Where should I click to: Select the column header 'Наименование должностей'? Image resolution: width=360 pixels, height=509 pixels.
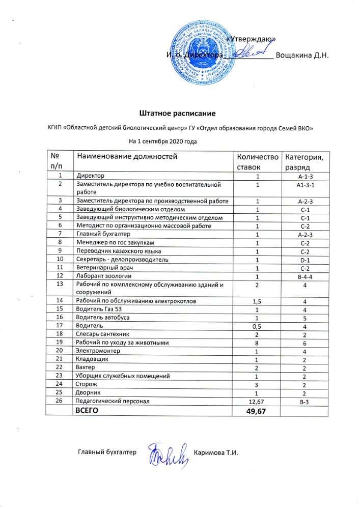(125, 156)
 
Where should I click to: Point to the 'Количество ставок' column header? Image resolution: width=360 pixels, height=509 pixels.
(258, 161)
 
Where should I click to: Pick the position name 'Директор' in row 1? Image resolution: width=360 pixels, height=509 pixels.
(89, 176)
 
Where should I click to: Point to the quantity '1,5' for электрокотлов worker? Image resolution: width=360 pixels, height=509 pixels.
(258, 301)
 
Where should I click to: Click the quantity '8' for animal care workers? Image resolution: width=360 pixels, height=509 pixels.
(258, 342)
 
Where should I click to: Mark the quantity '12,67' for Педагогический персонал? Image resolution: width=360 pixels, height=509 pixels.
(258, 401)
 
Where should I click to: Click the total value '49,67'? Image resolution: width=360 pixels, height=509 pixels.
(258, 411)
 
